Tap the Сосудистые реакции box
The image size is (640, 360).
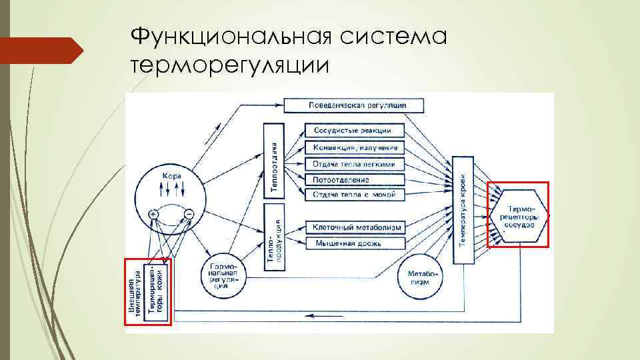coord(354,130)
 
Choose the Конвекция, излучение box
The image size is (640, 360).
coord(354,147)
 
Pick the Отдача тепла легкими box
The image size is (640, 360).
coord(354,163)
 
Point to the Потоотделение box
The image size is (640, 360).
coord(354,179)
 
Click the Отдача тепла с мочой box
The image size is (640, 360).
coord(354,195)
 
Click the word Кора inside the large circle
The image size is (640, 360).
coord(171,175)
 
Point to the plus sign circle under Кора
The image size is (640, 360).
coord(153,214)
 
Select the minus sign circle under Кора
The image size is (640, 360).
coord(188,214)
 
